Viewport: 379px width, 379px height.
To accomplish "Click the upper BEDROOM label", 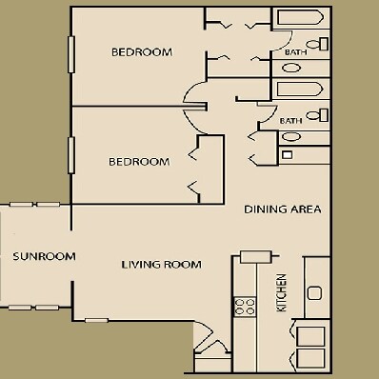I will coord(141,52).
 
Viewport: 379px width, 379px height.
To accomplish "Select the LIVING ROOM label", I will coord(161,264).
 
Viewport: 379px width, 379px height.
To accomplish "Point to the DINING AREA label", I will coord(283,209).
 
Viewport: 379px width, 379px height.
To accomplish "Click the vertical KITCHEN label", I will coord(282,293).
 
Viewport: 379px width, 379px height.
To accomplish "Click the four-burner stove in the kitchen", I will coord(245,306).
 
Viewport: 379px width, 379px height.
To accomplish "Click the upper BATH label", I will coord(294,66).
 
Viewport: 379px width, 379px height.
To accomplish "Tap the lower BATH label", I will coord(290,121).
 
